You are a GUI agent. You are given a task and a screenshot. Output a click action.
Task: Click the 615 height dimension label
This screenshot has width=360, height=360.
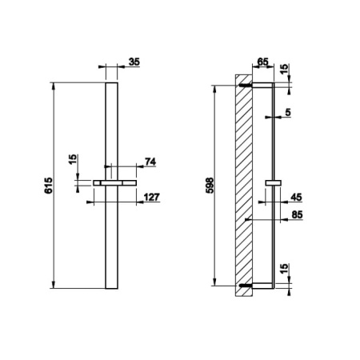click(49, 186)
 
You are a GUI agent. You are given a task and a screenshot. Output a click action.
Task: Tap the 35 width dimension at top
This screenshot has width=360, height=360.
click(134, 62)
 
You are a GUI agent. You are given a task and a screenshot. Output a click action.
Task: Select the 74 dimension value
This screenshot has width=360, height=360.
click(150, 162)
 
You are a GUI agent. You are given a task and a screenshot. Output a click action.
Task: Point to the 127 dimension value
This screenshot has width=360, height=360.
click(151, 197)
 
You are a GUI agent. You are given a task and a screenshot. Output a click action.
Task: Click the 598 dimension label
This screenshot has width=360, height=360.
click(210, 186)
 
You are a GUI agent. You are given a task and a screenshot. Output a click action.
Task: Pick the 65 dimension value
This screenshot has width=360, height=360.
click(262, 62)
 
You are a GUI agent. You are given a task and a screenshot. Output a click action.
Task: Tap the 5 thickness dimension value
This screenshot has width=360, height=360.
click(288, 112)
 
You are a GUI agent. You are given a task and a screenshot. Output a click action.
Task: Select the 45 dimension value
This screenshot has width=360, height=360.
click(296, 198)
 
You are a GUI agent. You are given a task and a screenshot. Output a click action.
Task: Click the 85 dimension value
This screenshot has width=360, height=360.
click(297, 214)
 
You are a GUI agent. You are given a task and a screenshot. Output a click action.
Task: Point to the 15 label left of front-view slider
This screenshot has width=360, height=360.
click(73, 159)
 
